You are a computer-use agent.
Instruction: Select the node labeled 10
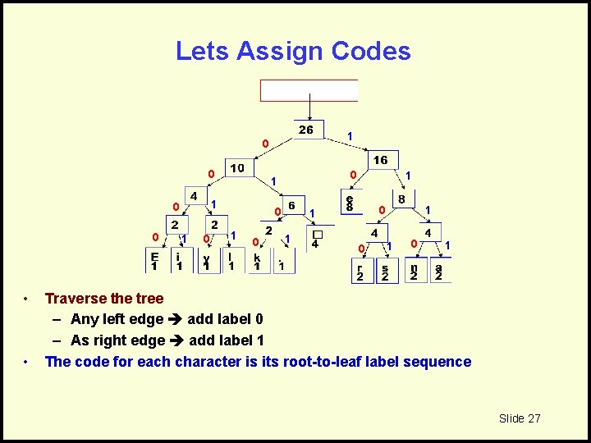[237, 168]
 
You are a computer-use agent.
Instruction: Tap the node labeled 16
[381, 160]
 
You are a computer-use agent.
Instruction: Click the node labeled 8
[401, 199]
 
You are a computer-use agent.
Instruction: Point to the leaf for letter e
[350, 203]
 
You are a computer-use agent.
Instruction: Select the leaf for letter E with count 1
[154, 260]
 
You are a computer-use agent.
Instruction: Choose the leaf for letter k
[257, 262]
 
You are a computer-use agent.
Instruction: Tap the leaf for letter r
[360, 272]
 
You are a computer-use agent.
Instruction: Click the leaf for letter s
[386, 272]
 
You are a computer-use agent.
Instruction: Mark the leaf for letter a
[439, 272]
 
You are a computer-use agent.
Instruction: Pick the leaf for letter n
[414, 272]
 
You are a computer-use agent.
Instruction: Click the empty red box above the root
[309, 90]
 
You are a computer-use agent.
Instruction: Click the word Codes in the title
[371, 52]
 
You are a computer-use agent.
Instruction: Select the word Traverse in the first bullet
[76, 299]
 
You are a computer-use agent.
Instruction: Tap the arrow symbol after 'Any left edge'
[175, 319]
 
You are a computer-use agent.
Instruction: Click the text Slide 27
[520, 418]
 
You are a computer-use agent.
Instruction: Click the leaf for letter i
[178, 260]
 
